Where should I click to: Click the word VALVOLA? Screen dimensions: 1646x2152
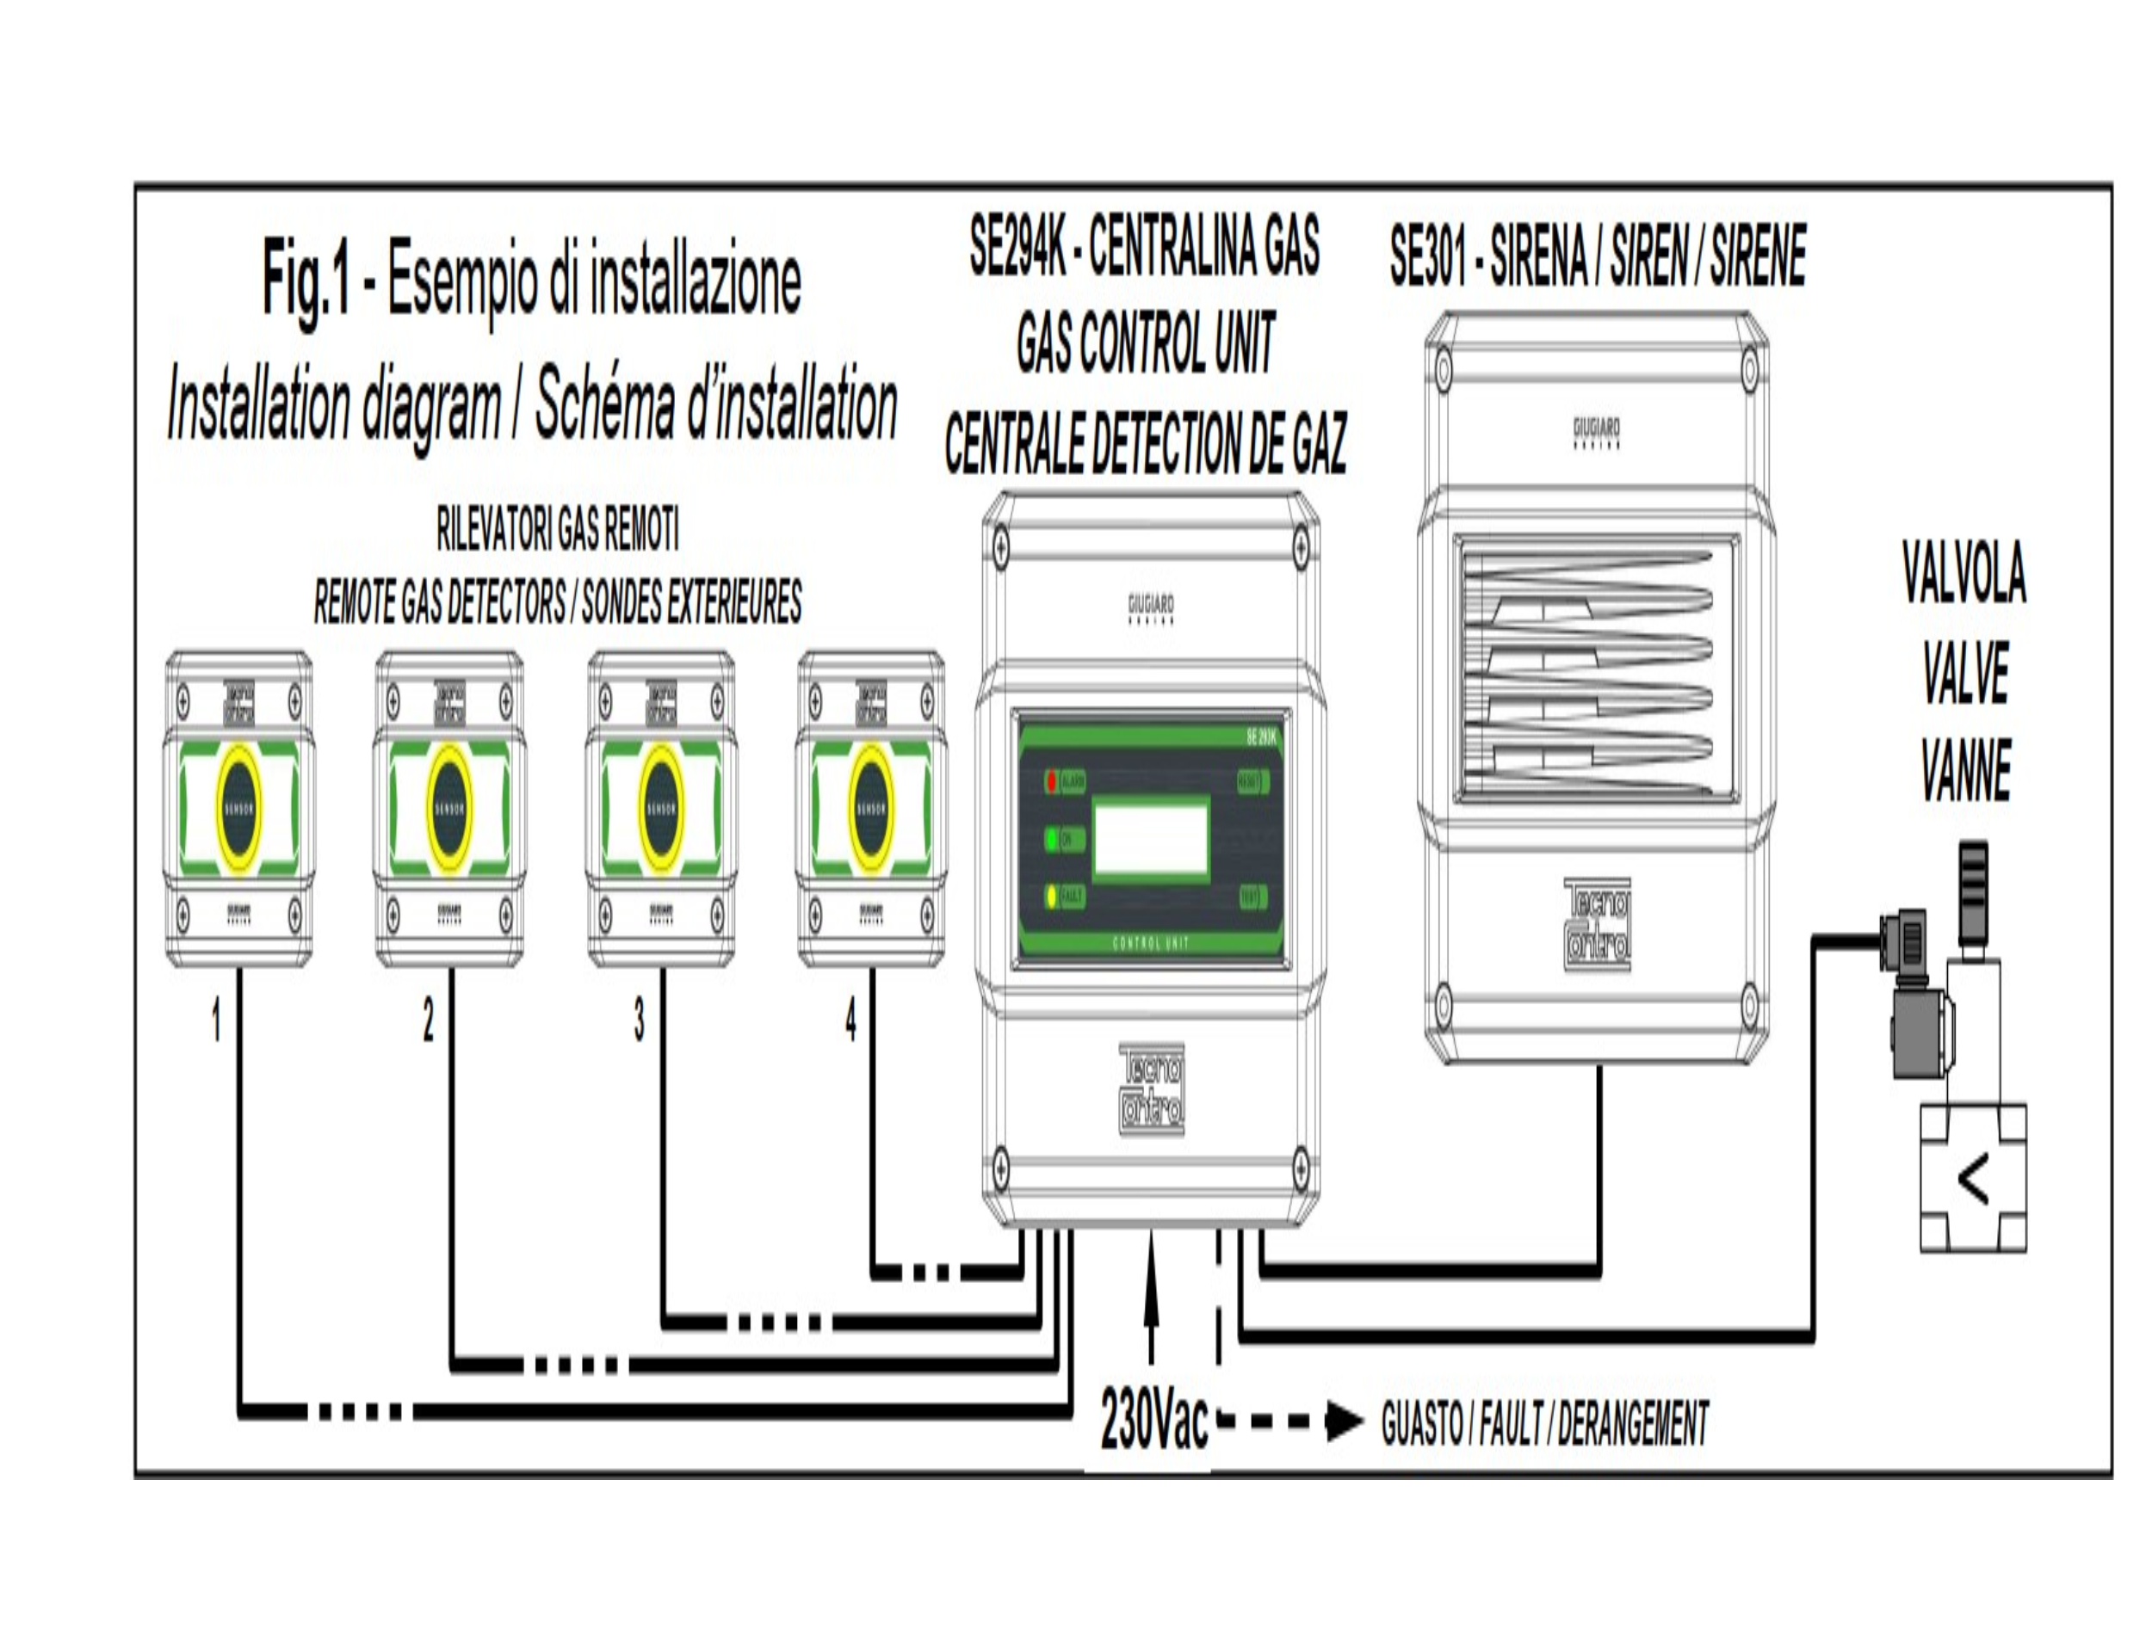click(1963, 573)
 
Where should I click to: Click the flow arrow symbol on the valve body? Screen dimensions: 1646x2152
click(1973, 1181)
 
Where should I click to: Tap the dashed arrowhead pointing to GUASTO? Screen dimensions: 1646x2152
click(1344, 1421)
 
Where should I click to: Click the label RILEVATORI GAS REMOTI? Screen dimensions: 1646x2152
click(558, 532)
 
